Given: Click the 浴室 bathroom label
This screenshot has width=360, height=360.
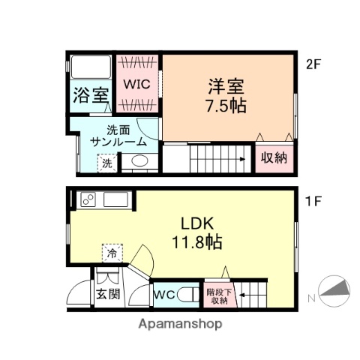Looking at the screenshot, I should click(x=91, y=96).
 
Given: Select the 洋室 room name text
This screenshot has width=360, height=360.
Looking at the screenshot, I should click(x=226, y=85).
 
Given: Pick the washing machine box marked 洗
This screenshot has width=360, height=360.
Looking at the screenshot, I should click(x=106, y=162).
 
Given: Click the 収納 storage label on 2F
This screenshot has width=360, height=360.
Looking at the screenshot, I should click(x=274, y=158).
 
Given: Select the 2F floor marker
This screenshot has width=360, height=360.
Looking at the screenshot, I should click(x=313, y=64).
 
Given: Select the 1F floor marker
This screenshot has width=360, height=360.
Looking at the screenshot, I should click(x=313, y=201).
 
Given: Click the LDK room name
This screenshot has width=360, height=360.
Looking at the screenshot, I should click(x=197, y=223).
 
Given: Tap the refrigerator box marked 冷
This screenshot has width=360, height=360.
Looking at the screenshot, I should click(x=112, y=253).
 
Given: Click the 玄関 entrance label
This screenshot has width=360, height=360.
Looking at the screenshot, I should click(x=107, y=293).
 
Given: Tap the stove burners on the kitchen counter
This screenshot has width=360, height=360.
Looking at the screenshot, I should click(x=89, y=200).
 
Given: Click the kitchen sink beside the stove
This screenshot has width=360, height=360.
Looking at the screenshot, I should click(x=115, y=200).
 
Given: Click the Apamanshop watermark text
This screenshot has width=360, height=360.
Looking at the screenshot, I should click(x=180, y=325).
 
